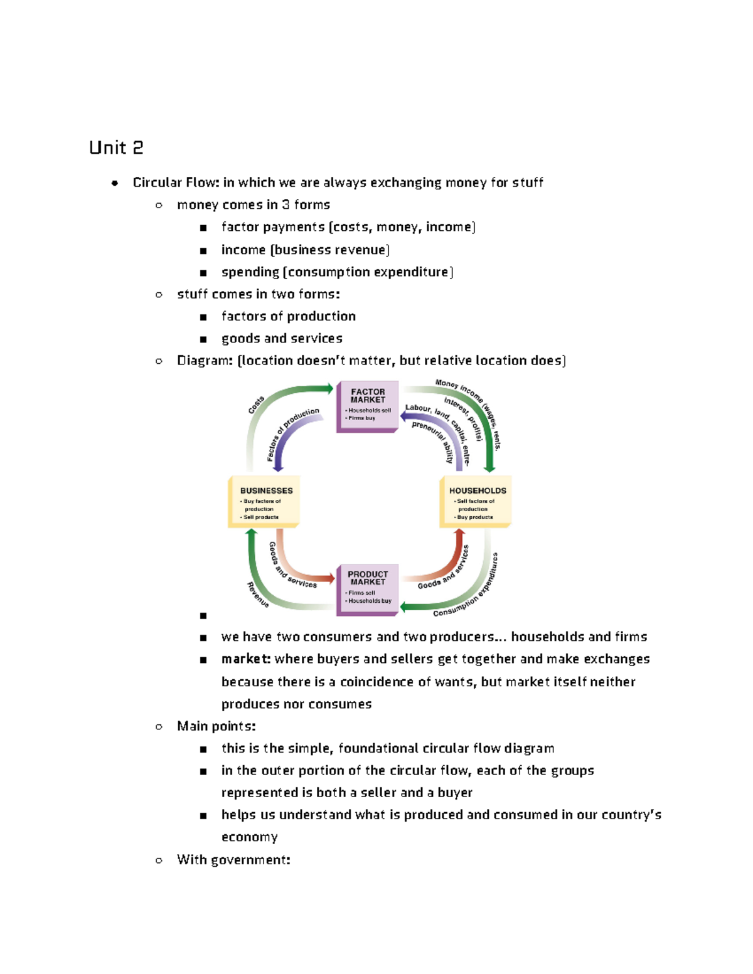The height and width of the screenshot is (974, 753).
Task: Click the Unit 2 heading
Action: pyautogui.click(x=116, y=148)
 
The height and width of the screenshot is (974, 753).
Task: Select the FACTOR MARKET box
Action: pyautogui.click(x=368, y=406)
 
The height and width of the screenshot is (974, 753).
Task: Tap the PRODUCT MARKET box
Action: pyautogui.click(x=368, y=588)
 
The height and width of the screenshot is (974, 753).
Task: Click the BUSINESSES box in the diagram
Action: pyautogui.click(x=264, y=502)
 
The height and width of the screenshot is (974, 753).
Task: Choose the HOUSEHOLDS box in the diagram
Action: pyautogui.click(x=476, y=502)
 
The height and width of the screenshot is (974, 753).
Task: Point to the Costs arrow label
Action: pyautogui.click(x=256, y=405)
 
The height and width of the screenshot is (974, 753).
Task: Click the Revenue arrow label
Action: pyautogui.click(x=258, y=595)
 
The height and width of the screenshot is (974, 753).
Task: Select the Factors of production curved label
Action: pyautogui.click(x=292, y=433)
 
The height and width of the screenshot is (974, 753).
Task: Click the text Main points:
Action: pyautogui.click(x=216, y=726)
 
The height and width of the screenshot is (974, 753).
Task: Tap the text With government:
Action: pyautogui.click(x=233, y=860)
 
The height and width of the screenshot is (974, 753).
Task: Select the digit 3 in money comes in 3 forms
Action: pyautogui.click(x=286, y=205)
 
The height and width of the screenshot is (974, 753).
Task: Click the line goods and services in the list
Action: pyautogui.click(x=282, y=339)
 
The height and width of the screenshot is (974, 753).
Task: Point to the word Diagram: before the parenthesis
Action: pyautogui.click(x=205, y=361)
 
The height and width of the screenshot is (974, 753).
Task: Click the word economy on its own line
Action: pyautogui.click(x=250, y=837)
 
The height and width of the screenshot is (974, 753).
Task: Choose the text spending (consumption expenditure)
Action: pyautogui.click(x=337, y=272)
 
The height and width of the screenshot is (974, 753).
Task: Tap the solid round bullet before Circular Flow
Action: pyautogui.click(x=115, y=183)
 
